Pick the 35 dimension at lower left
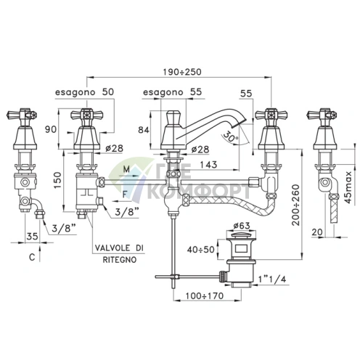click(x=30, y=236)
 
